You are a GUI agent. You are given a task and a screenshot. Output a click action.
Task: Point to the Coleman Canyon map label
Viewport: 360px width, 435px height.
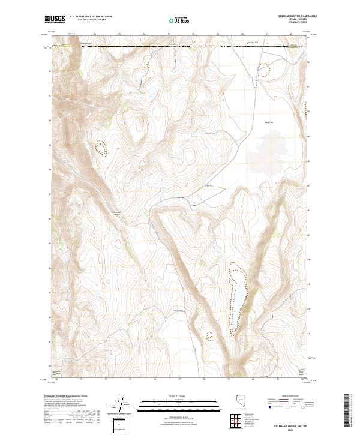pos(118,214)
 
